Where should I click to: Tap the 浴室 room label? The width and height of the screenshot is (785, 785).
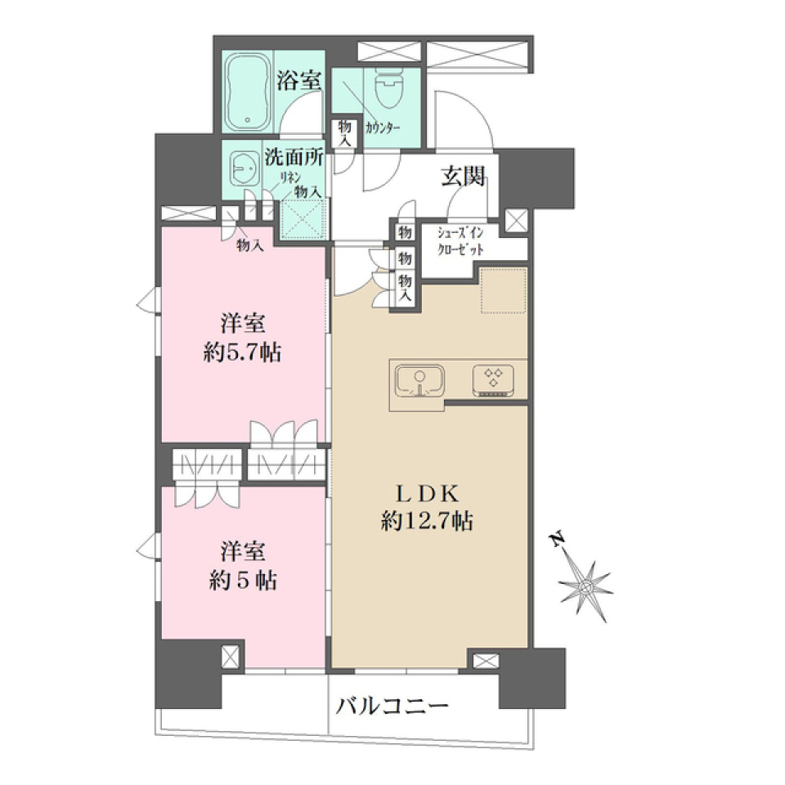pos(298,81)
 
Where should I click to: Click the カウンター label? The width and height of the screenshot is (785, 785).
pos(382,128)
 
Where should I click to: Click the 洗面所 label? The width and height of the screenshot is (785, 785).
pos(293,157)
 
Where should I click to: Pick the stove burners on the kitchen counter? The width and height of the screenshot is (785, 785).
pos(493,379)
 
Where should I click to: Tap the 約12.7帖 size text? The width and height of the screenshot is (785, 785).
pos(425,521)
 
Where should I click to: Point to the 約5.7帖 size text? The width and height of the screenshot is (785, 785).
pos(242,352)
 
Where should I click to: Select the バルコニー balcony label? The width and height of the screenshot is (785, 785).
pos(392,705)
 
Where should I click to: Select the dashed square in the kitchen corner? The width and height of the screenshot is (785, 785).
pos(502,290)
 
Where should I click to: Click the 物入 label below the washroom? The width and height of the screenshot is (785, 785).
pos(249,244)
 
